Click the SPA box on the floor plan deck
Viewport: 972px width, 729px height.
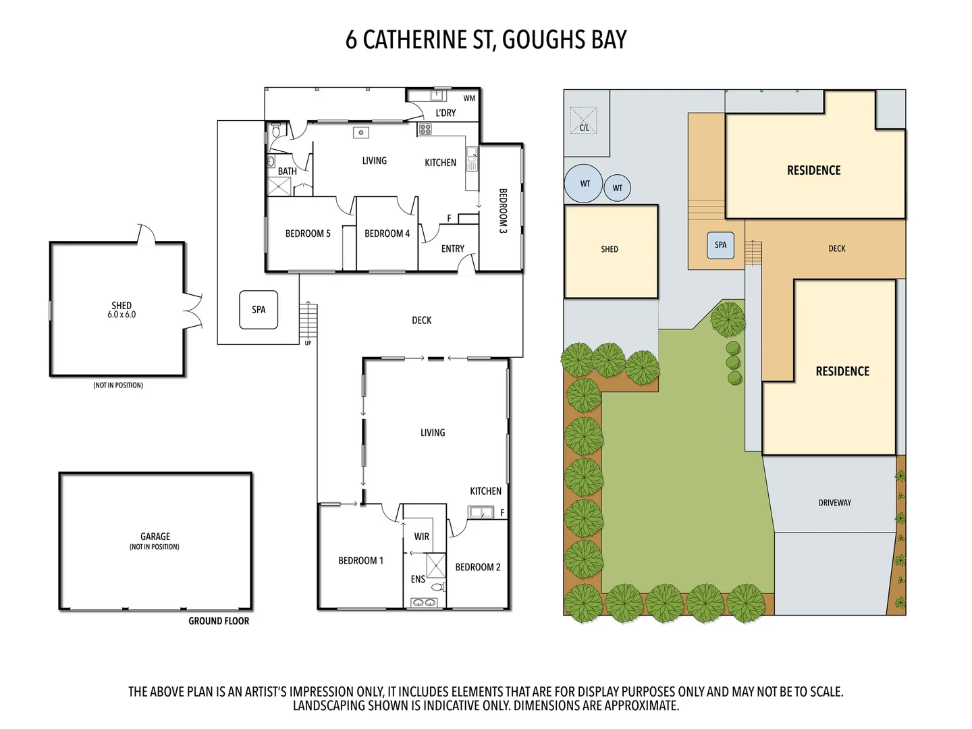259,310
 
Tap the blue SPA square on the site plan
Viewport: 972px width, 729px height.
720,245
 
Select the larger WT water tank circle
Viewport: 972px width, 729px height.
584,184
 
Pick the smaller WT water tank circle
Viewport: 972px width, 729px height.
618,188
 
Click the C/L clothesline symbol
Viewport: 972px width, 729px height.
584,121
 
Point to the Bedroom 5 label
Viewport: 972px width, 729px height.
308,234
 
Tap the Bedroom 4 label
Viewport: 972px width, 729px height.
387,234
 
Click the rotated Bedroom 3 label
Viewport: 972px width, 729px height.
503,211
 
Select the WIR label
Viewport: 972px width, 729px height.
422,537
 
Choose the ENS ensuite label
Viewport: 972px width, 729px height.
418,579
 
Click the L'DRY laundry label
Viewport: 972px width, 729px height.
446,113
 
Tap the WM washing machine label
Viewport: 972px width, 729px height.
469,99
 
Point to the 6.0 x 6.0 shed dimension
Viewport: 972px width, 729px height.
122,315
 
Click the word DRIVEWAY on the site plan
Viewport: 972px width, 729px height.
834,503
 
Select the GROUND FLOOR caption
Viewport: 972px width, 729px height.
219,621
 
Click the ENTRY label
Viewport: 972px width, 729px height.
452,248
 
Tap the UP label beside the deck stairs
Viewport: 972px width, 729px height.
308,343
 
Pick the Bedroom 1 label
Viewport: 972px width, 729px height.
360,560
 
